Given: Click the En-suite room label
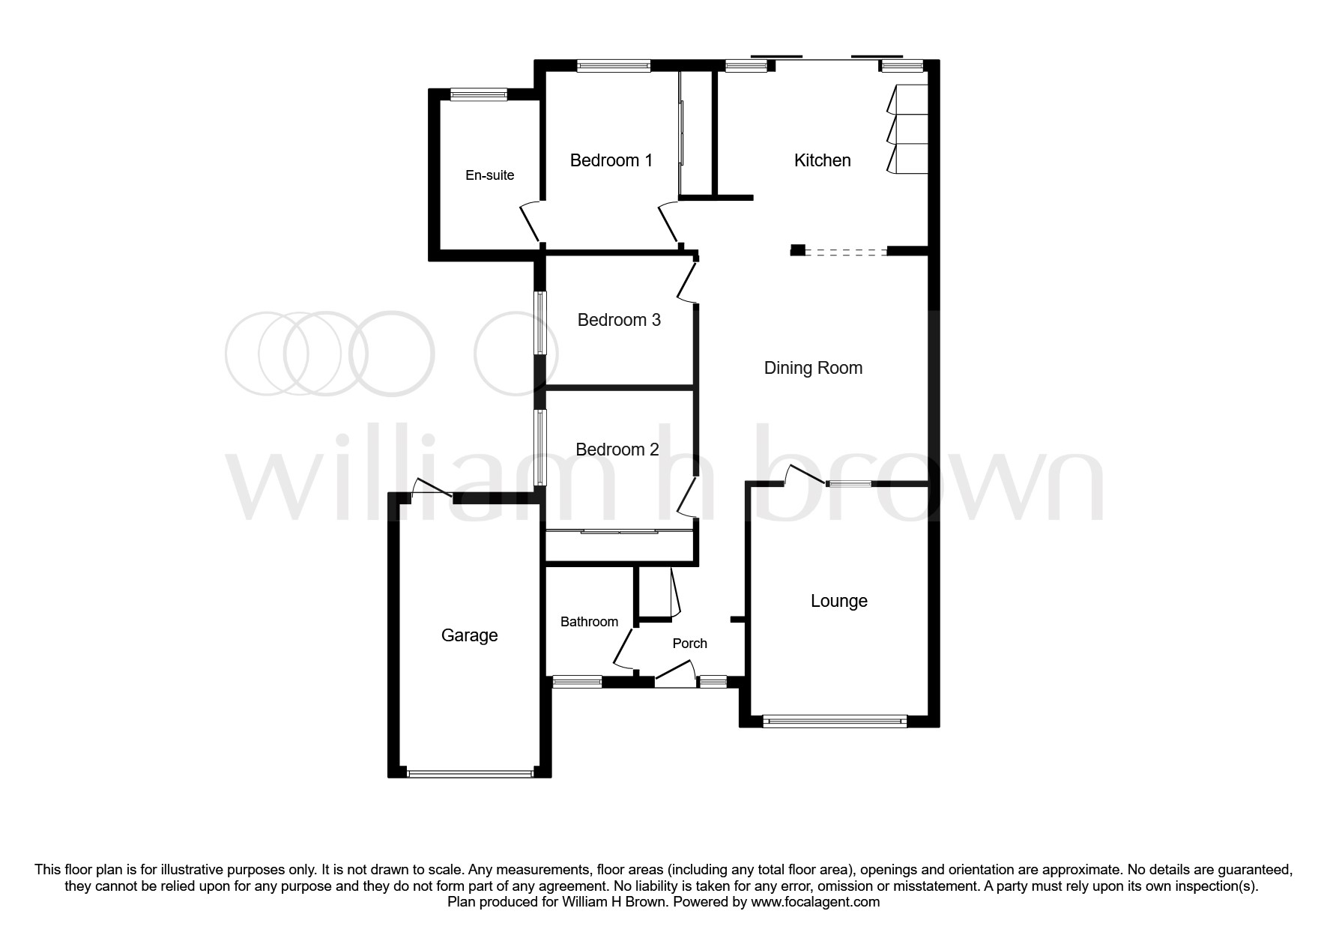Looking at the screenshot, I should coord(489,175).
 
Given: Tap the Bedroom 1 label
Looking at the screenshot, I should coord(611,160).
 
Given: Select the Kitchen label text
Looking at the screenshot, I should coord(822,160).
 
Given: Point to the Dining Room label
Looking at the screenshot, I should coord(813,368).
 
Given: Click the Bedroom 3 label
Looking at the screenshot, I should coord(619,320).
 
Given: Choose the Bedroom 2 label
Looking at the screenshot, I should coord(617,450).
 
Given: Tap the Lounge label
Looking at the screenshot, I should coord(838,601).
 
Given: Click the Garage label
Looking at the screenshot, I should coord(469,635).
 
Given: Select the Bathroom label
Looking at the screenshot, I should coord(589,622).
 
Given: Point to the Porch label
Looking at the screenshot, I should coord(689,644).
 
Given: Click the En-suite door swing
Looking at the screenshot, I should coord(529,222).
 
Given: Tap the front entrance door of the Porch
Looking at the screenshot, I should coord(675,673).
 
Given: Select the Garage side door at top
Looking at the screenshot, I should coord(433,488).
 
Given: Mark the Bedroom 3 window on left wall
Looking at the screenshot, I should coord(539,323).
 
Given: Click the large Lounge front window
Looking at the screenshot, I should coord(835,721).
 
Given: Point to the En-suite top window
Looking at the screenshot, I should coord(479,94).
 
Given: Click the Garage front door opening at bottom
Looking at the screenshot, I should coord(470,773).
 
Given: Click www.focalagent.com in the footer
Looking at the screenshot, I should coord(815,902).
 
